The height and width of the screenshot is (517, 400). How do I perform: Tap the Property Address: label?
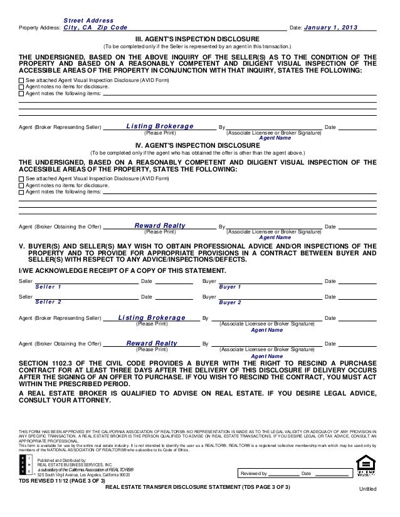(41, 29)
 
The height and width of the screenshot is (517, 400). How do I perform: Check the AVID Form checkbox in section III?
(22, 81)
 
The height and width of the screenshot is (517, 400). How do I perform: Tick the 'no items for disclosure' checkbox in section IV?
(22, 185)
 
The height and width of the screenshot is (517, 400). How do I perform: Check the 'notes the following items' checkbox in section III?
(22, 94)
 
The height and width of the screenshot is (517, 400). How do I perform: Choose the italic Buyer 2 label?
(230, 302)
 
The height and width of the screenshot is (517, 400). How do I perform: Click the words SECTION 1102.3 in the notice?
(47, 363)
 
